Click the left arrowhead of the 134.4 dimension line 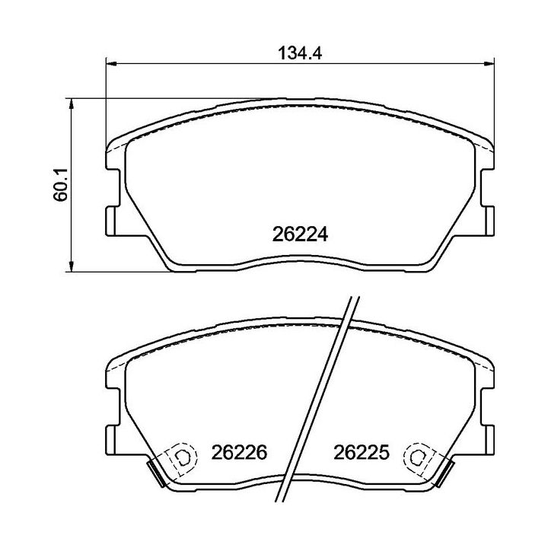coord(108,64)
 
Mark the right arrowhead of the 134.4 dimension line coord(491,64)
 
